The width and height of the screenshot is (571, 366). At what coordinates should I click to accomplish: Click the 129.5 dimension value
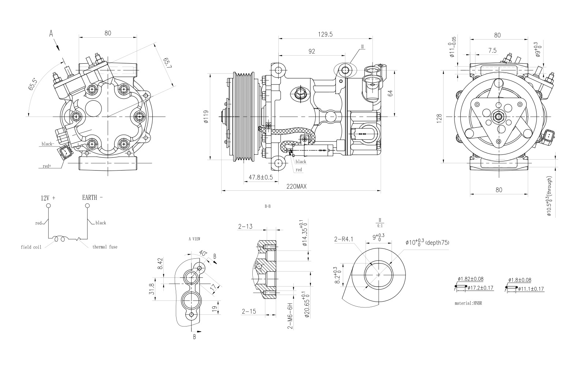click(325, 34)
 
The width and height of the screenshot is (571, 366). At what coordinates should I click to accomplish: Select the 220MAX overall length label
click(296, 186)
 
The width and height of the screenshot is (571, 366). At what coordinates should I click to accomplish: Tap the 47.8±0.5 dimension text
click(261, 178)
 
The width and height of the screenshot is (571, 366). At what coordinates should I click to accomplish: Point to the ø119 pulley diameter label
click(206, 117)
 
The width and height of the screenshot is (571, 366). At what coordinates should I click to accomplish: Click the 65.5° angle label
click(32, 84)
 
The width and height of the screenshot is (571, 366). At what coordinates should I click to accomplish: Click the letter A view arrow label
click(51, 34)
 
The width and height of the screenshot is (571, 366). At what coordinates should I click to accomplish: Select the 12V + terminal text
click(48, 198)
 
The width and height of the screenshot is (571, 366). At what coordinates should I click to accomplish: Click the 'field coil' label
click(31, 247)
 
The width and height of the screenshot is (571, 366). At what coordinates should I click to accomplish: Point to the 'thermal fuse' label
click(105, 247)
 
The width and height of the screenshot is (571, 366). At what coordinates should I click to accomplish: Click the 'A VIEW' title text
click(194, 239)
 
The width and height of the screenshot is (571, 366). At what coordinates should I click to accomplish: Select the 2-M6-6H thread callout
click(290, 316)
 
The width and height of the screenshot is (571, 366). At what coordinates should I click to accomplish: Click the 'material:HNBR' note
click(468, 303)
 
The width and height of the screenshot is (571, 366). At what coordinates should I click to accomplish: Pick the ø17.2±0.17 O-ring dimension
click(481, 288)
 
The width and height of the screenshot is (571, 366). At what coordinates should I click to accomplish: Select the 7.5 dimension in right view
click(492, 51)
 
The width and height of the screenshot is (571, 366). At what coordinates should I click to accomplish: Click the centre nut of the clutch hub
click(499, 117)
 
